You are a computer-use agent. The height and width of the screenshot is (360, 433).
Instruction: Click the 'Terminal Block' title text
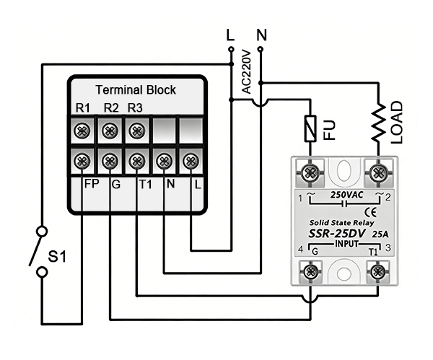pyautogui.click(x=136, y=90)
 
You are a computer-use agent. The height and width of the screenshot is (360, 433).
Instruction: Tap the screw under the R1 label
pyautogui.click(x=82, y=131)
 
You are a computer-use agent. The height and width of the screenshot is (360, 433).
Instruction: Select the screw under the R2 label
pyautogui.click(x=110, y=131)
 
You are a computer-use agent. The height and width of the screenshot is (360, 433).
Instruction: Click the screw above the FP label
pyautogui.click(x=82, y=160)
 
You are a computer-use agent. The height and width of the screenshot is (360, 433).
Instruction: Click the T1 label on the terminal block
pyautogui.click(x=144, y=184)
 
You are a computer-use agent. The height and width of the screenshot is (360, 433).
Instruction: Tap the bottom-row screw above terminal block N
pyautogui.click(x=164, y=160)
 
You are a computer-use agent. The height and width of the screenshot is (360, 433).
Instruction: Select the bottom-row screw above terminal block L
pyautogui.click(x=191, y=160)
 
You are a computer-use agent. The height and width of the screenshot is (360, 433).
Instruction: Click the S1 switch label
pyautogui.click(x=57, y=255)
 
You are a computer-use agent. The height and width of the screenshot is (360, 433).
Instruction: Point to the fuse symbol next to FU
pyautogui.click(x=311, y=130)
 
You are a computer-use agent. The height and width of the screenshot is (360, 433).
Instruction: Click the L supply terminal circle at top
pyautogui.click(x=231, y=49)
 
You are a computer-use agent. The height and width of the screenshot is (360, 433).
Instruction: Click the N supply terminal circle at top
pyautogui.click(x=260, y=49)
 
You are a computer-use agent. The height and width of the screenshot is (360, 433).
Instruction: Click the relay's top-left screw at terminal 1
pyautogui.click(x=311, y=173)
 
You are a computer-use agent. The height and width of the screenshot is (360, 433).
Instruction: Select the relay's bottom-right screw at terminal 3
pyautogui.click(x=376, y=271)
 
